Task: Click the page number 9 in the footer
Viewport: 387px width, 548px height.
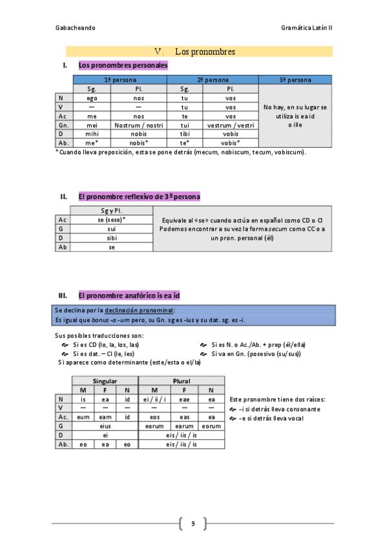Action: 193,523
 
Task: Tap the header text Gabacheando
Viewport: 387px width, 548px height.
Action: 75,28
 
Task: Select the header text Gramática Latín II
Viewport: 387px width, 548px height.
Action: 307,28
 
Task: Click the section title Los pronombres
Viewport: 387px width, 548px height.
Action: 204,52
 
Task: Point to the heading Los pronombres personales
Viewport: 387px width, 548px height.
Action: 123,65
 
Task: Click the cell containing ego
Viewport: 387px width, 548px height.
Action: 92,98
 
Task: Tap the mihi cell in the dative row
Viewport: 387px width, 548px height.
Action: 92,134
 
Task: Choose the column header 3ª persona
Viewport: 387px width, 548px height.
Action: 295,80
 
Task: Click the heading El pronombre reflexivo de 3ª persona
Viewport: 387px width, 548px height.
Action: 139,196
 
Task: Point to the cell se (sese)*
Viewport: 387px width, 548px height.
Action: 111,220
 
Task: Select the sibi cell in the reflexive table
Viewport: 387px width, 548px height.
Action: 111,238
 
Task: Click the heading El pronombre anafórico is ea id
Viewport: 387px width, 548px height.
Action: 129,295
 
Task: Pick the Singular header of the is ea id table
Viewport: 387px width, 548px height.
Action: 105,381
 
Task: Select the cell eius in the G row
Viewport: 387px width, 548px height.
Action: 105,427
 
